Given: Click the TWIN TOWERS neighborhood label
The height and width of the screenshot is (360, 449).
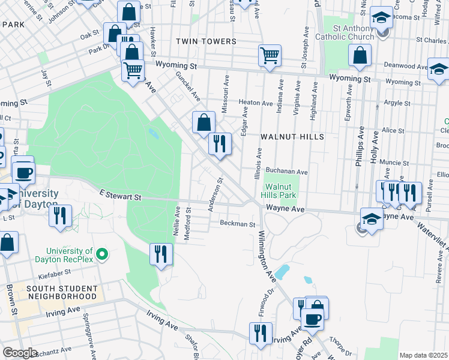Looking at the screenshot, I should [206, 41].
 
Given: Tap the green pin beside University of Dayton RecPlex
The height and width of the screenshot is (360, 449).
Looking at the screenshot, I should [101, 255].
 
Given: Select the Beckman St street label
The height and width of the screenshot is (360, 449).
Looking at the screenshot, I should [238, 224].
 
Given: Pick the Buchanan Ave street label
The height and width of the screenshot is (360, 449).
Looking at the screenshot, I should [287, 172].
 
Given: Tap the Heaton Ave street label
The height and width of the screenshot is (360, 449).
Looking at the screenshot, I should [256, 103].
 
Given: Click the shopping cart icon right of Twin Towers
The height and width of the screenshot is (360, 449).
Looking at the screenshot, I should [270, 55].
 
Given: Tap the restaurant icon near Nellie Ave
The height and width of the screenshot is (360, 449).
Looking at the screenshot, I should [161, 253].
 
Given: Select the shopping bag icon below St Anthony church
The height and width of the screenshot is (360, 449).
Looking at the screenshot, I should [359, 55].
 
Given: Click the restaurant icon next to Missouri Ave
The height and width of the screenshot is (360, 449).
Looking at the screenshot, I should [220, 144].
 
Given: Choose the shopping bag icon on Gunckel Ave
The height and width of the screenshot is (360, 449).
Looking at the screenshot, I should [203, 122].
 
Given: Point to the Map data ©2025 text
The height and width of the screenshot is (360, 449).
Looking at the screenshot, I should [424, 355].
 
